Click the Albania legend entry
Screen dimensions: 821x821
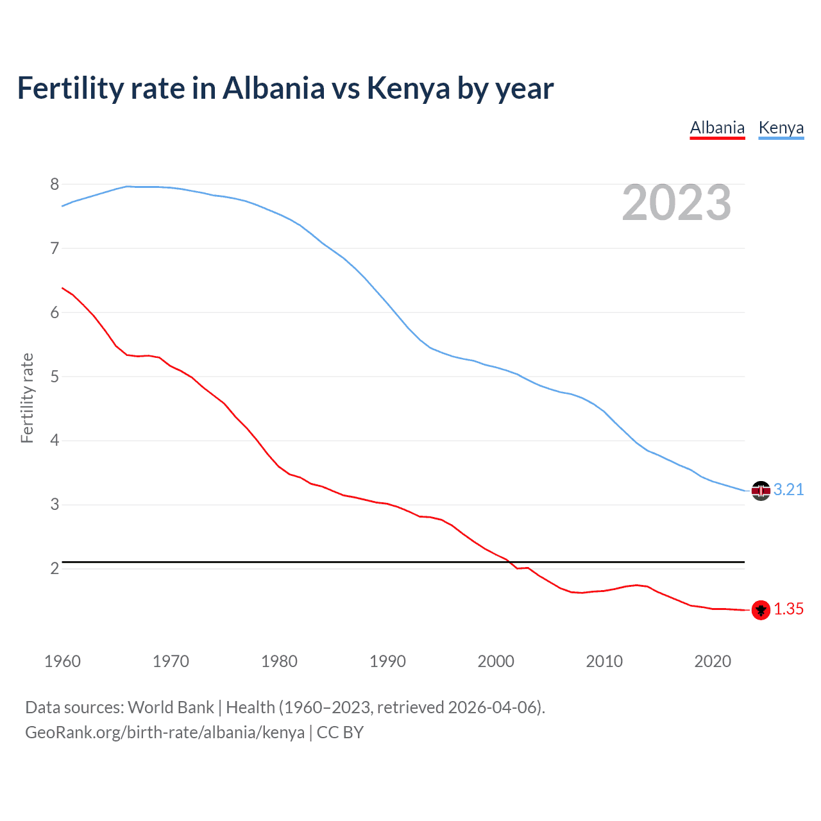pos(717,128)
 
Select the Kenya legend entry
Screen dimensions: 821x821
pos(781,128)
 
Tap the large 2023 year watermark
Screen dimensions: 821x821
pos(676,203)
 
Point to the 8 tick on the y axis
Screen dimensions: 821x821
pos(55,185)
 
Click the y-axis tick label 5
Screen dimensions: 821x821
pos(55,377)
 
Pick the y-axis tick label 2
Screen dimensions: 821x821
pos(55,569)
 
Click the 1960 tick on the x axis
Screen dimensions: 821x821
pos(62,661)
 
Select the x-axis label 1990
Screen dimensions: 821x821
pos(387,661)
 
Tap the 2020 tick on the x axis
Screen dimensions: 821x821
pos(713,661)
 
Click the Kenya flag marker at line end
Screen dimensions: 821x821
pos(761,491)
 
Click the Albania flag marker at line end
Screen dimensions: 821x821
pos(761,610)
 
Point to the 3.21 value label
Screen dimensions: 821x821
pos(788,490)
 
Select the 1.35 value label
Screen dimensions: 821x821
pos(788,609)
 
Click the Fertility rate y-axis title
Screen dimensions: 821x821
pos(27,398)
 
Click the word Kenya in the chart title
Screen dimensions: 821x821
pos(408,89)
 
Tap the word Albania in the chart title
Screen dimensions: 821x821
pos(274,89)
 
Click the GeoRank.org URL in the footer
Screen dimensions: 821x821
pos(165,732)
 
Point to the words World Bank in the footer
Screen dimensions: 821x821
pos(171,707)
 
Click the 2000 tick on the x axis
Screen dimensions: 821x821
pos(496,661)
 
